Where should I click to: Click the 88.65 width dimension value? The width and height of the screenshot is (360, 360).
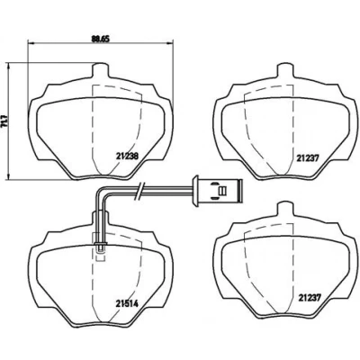click(101, 39)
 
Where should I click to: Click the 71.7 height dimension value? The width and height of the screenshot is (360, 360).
click(4, 121)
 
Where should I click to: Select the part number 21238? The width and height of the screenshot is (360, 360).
click(127, 157)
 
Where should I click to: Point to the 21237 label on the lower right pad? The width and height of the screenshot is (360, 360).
click(310, 298)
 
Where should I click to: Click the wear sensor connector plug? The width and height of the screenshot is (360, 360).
click(217, 191)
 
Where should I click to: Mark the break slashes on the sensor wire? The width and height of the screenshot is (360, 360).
click(140, 191)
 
